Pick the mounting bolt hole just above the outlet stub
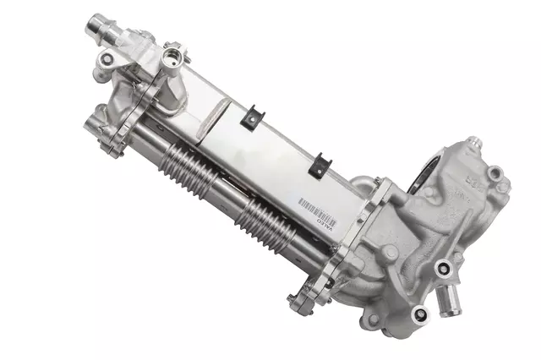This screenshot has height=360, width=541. pyautogui.click(x=442, y=271)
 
